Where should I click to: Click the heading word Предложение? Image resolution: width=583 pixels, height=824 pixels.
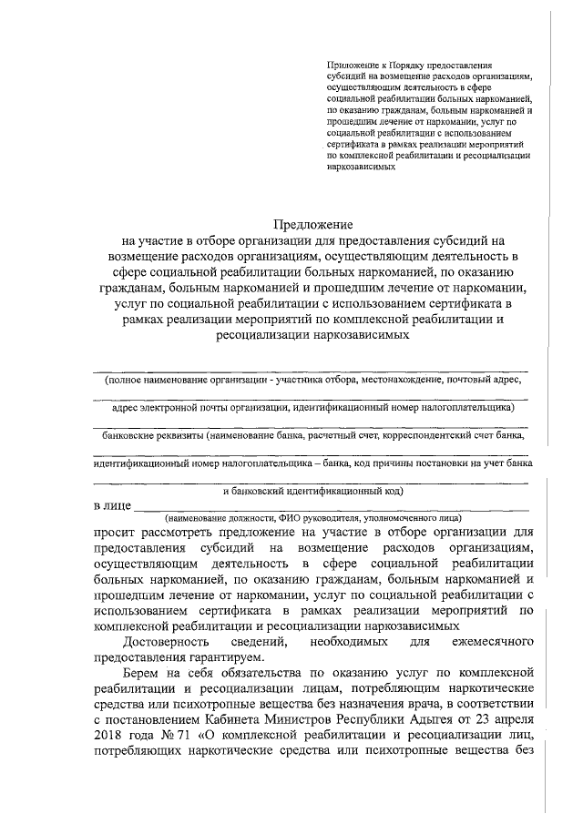[312, 224]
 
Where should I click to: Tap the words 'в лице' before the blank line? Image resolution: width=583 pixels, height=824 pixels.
[112, 505]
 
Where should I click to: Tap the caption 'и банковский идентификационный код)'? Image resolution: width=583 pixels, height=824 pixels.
[312, 490]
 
